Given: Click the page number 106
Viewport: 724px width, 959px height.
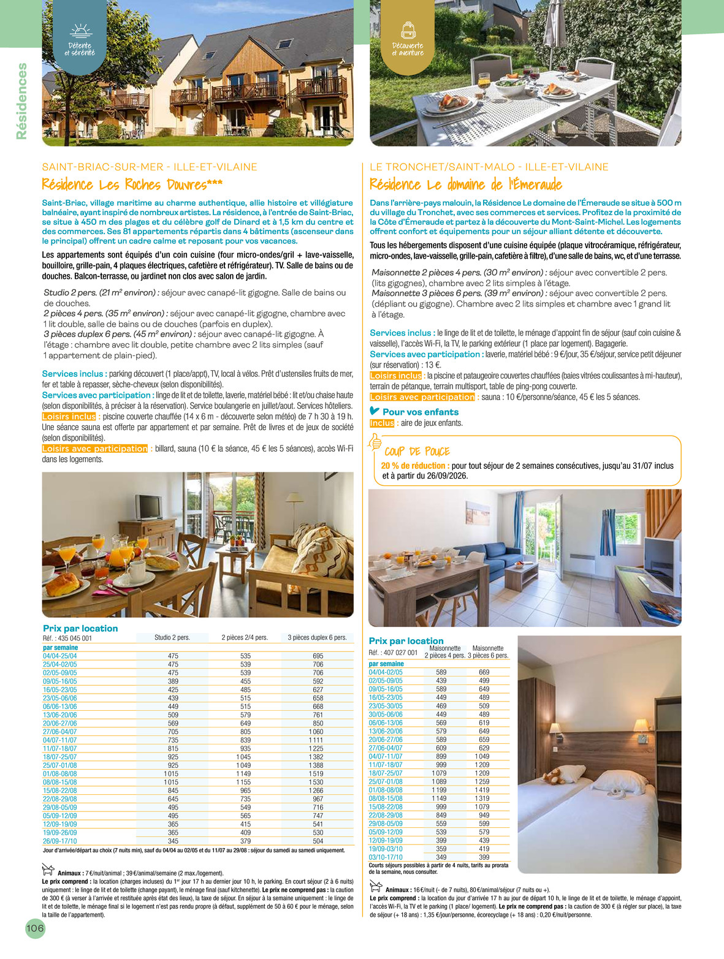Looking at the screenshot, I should point(35,928).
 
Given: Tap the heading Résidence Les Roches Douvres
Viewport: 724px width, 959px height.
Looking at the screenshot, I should point(132,184).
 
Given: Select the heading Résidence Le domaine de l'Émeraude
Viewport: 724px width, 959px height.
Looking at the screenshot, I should point(465,184).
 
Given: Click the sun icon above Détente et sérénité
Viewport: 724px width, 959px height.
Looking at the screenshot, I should point(80,31).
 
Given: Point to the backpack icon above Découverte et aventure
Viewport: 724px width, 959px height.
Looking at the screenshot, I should point(408,30).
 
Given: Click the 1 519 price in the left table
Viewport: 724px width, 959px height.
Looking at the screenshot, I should point(318,774).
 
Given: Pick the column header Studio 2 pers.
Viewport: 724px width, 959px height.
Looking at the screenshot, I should point(172,637).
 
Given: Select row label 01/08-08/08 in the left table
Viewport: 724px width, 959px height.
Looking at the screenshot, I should point(60,774).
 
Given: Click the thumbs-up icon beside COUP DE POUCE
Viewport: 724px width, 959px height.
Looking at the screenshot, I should point(374,442).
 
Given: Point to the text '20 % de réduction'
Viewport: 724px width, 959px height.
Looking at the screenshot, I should point(414,466).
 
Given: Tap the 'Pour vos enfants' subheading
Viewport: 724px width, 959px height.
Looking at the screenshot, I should point(420,412).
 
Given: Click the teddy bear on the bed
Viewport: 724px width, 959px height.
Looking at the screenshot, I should point(556,776).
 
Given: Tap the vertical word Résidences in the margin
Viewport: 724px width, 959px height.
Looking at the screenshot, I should point(22,101).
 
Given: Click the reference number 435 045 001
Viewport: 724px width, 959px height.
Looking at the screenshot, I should point(75,638).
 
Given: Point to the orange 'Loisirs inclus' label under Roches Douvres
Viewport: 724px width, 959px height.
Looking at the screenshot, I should point(69,417).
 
